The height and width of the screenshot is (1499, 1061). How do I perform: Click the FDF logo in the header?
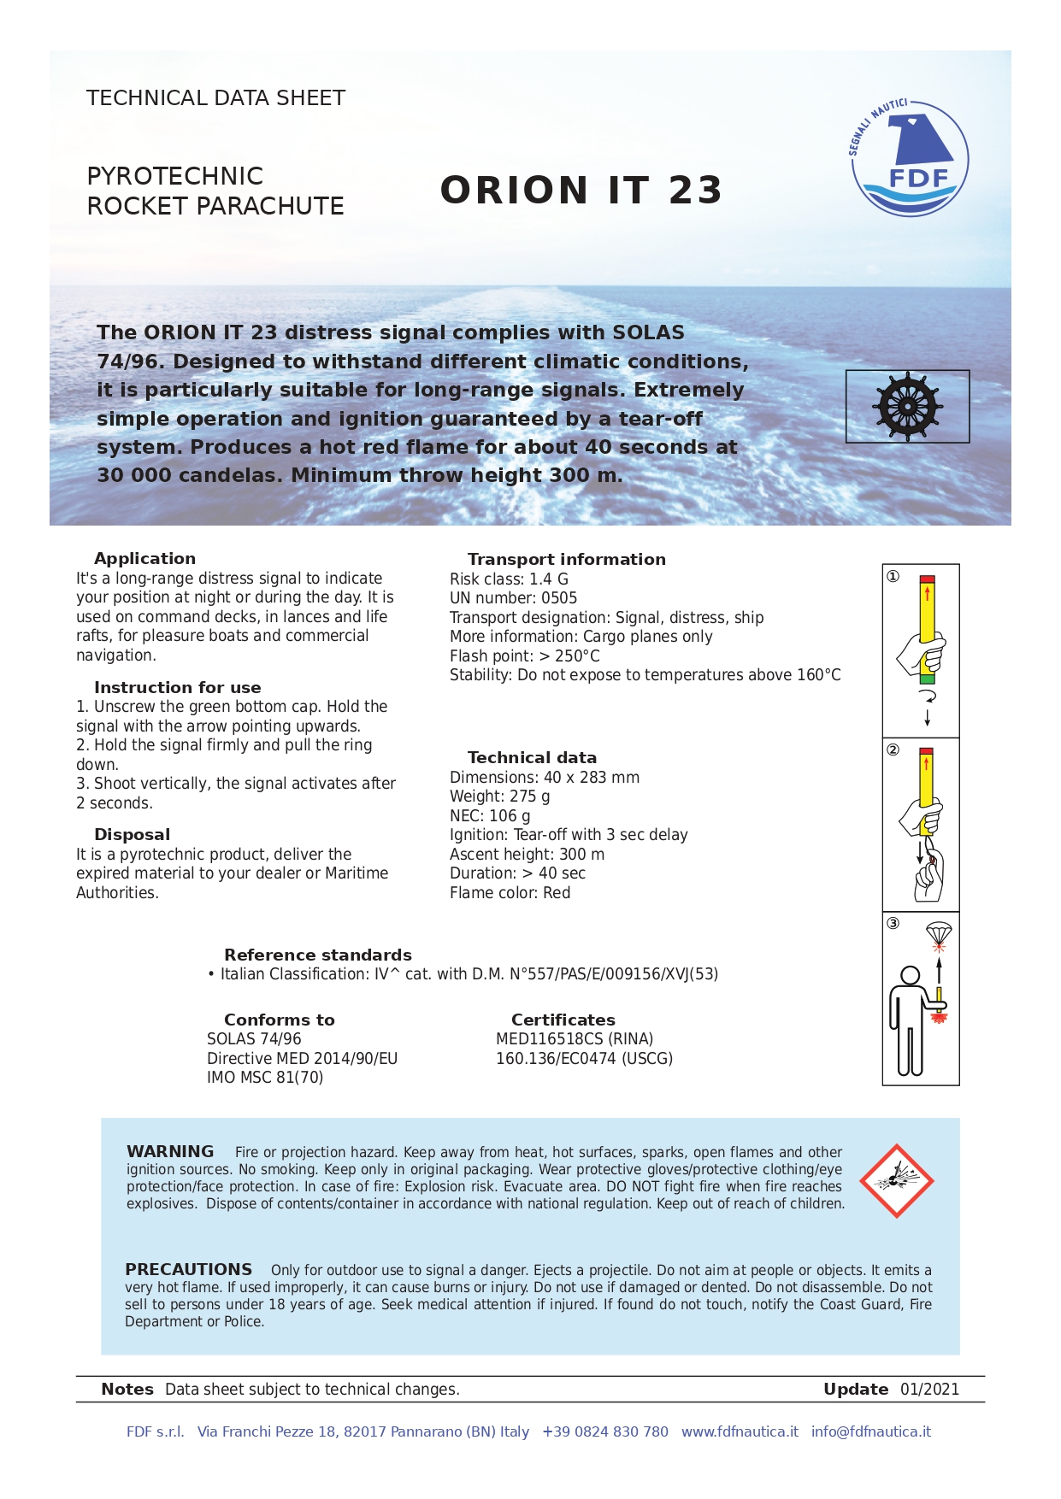point(910,159)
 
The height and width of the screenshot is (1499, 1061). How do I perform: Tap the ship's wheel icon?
point(907,406)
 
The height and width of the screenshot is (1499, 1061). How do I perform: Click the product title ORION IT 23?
point(581,190)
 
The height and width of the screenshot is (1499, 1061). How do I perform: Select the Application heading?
point(144,558)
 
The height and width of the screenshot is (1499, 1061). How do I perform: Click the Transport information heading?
point(566,559)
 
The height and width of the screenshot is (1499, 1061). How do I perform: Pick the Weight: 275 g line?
point(499,797)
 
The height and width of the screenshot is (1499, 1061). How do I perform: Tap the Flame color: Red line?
point(510,893)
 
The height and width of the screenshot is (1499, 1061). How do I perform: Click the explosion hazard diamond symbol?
point(896,1180)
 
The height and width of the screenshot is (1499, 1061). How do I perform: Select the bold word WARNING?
point(170,1151)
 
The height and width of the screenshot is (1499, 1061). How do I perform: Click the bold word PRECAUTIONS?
point(188,1269)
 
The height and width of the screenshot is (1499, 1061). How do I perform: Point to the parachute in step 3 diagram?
point(939,932)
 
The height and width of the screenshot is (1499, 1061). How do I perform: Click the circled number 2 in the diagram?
point(893,749)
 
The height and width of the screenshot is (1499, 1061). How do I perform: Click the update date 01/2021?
point(929,1389)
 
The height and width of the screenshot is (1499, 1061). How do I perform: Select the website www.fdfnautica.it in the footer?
point(740,1431)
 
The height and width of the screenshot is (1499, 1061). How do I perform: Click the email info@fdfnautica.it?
point(870,1431)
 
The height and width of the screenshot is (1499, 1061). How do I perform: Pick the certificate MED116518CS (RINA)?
point(574,1039)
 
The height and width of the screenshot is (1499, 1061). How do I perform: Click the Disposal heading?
point(132,834)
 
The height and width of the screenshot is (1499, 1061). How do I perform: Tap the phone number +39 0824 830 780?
point(604,1431)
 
